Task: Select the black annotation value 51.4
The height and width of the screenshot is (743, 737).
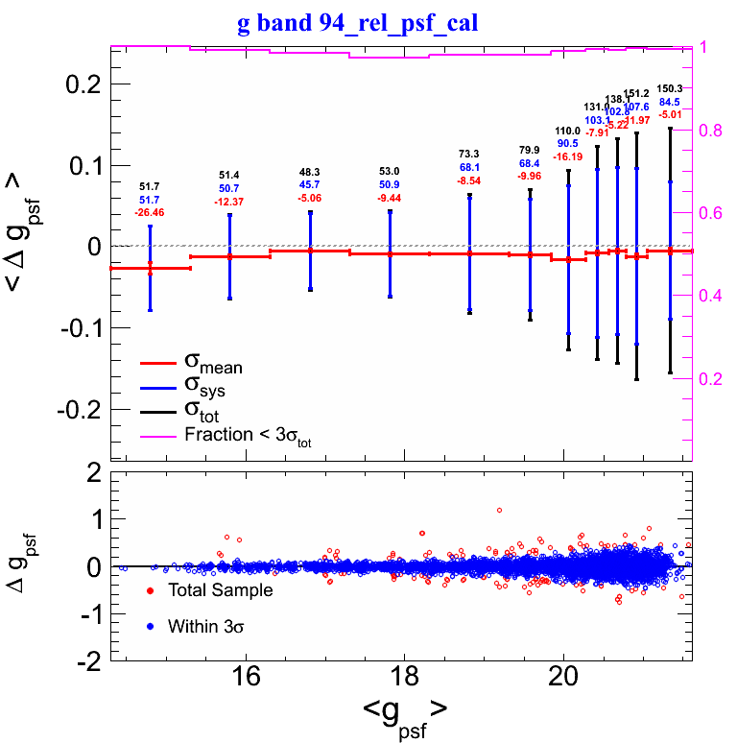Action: coord(229,175)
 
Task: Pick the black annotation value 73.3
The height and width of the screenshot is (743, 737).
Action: coord(469,154)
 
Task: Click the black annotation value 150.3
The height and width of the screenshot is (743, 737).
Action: coord(669,88)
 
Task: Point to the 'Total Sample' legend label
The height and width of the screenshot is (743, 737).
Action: coord(220,590)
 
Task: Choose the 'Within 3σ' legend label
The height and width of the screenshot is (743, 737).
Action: coord(209,627)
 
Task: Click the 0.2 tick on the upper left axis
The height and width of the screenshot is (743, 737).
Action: coord(83,84)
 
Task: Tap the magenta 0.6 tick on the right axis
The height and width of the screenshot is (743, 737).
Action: coord(713,213)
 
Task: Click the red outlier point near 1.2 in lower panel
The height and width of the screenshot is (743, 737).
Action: coord(500,510)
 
